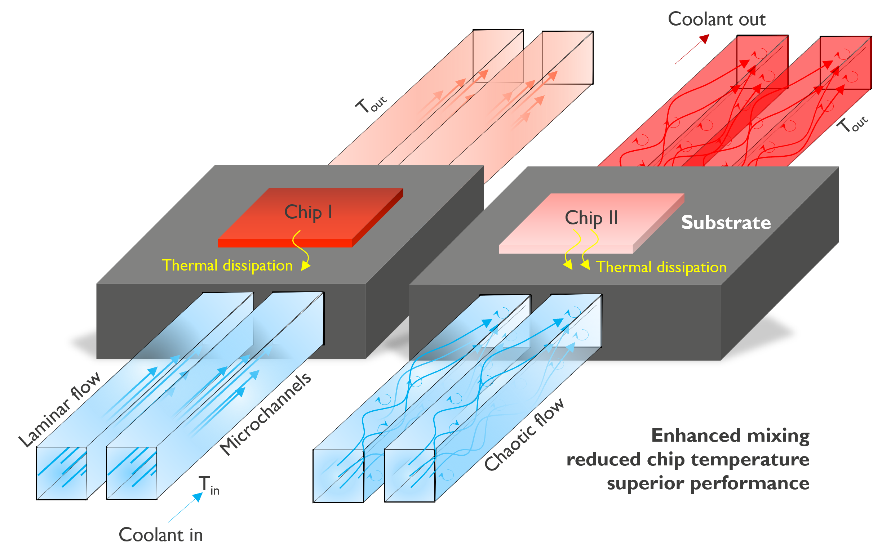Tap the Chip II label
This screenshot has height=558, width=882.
591,218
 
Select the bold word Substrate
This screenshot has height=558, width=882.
726,223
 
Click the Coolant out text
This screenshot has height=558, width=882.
717,19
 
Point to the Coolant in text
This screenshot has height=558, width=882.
160,535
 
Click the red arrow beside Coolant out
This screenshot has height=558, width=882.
692,49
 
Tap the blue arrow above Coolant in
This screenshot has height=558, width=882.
185,507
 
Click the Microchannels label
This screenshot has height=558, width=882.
265,414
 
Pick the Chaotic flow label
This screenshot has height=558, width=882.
524,434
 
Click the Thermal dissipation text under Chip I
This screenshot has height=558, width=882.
227,265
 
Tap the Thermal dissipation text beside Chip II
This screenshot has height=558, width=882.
661,267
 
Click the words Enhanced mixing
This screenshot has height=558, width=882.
730,436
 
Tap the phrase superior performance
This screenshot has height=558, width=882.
708,483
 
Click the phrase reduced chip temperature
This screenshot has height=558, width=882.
687,460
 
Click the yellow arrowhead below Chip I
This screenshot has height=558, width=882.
306,265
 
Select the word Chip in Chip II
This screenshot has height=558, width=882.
584,218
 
